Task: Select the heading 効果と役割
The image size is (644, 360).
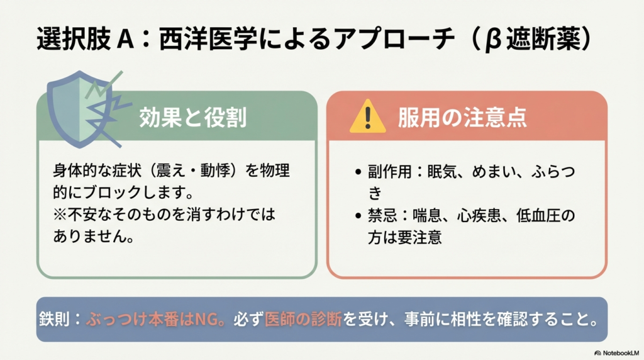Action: [x=192, y=118]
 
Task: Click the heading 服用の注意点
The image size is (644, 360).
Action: [x=462, y=118]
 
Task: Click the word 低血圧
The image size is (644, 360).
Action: [x=535, y=216]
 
